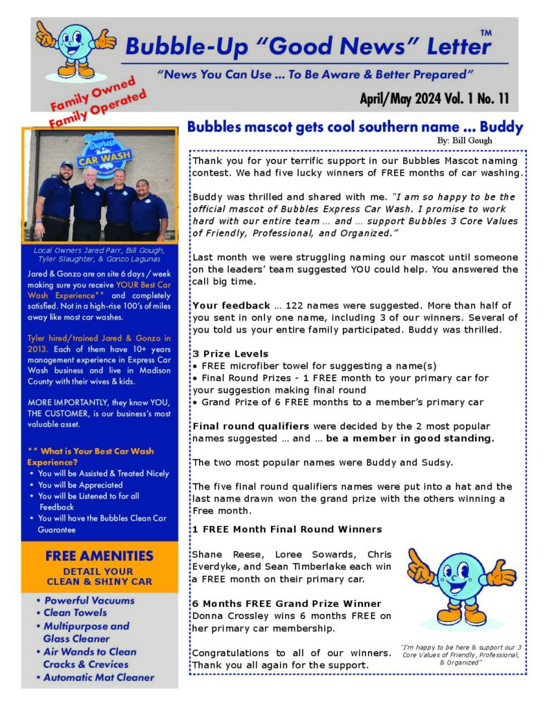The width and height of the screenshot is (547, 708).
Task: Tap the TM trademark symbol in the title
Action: pos(485,32)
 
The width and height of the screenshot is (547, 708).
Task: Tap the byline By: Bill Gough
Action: pos(464,141)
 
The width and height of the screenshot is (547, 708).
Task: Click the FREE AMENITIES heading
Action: pos(99,556)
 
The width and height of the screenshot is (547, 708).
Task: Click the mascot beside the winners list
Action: pos(460,589)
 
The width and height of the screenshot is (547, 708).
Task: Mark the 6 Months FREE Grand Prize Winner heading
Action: pos(286,604)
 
